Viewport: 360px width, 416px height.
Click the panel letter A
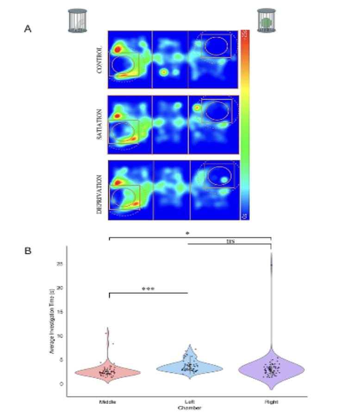(x=28, y=29)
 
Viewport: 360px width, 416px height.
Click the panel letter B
(x=28, y=251)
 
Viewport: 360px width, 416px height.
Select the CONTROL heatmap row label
(x=99, y=59)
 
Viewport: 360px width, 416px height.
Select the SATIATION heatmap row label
(x=99, y=125)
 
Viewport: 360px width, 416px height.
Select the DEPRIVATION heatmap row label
(x=99, y=190)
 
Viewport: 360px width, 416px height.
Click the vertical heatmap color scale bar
(x=245, y=125)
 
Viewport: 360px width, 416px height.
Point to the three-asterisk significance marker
(x=148, y=289)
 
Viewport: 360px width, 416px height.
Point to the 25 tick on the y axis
(x=60, y=264)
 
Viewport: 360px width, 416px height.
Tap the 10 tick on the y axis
(x=60, y=335)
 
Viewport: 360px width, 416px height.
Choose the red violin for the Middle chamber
(x=108, y=371)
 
